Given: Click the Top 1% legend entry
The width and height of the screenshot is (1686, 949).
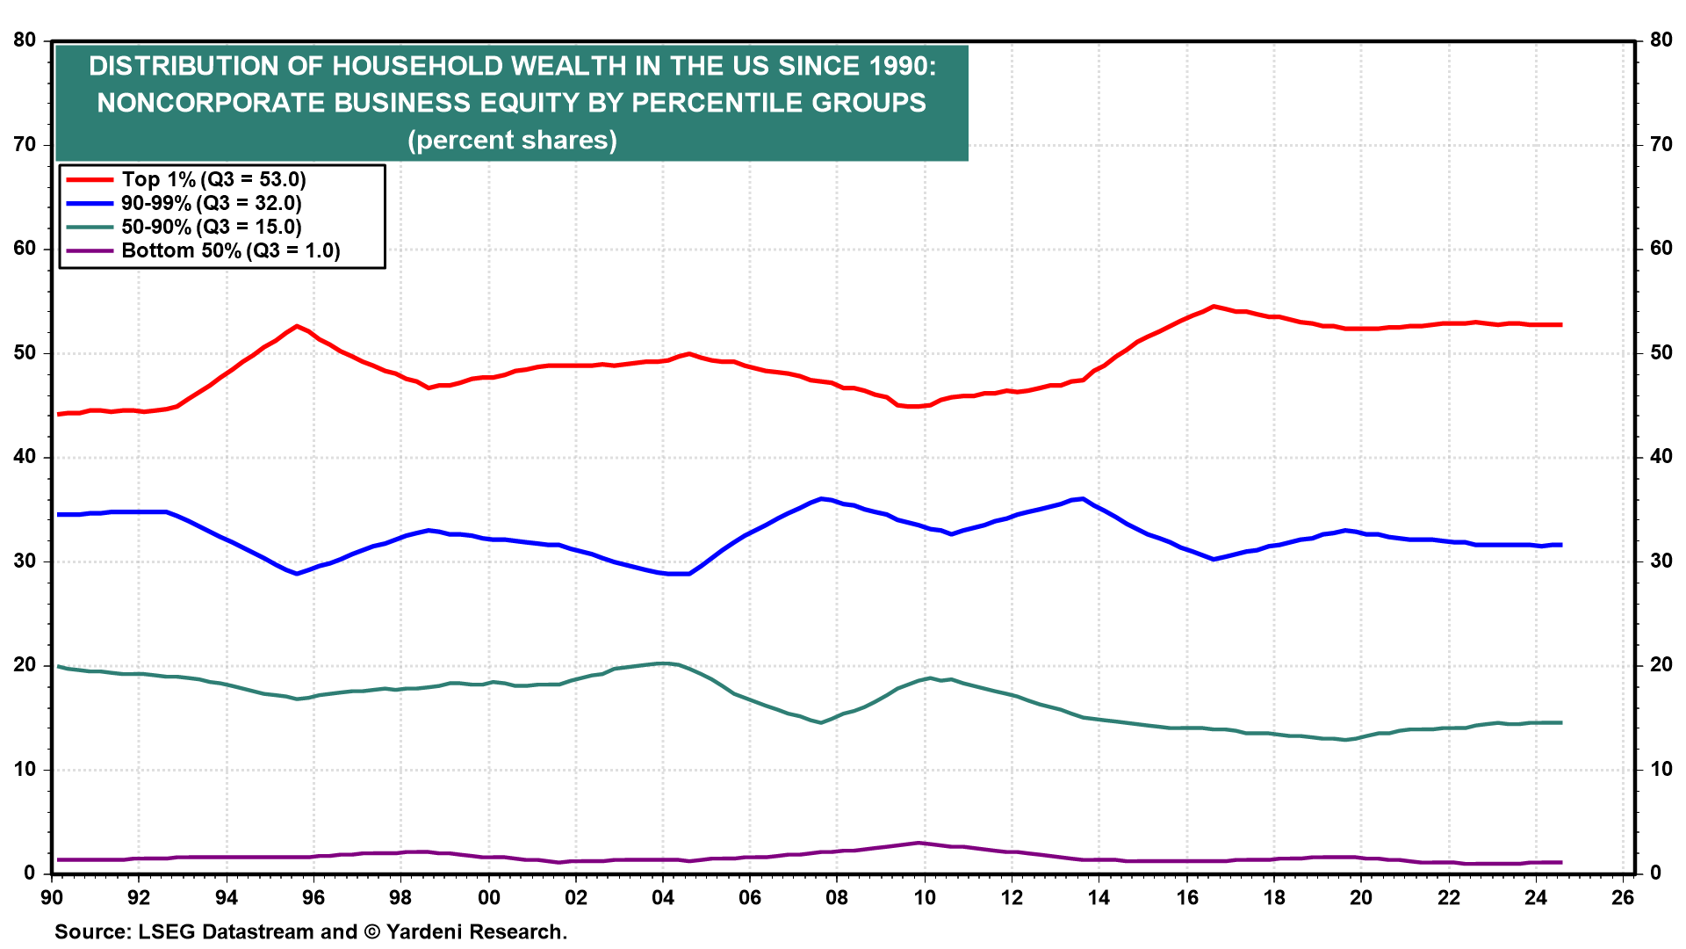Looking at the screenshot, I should tap(213, 180).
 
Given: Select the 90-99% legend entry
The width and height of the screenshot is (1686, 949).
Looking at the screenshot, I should tap(211, 204).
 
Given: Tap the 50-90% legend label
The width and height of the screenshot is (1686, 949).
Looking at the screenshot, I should tap(211, 228).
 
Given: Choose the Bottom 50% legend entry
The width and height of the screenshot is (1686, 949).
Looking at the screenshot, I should tap(230, 251).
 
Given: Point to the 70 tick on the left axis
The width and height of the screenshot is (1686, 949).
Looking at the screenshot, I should tap(25, 145).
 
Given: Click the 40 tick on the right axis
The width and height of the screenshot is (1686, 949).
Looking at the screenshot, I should tap(1661, 457).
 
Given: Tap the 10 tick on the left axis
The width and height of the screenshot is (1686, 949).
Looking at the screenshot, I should tap(25, 770).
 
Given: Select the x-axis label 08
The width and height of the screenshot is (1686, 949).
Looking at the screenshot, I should tap(837, 898).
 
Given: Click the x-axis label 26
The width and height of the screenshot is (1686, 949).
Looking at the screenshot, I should tap(1623, 898).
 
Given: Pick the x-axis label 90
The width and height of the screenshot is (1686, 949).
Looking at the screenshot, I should tap(52, 898).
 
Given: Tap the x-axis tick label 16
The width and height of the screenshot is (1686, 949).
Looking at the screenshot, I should tap(1186, 898).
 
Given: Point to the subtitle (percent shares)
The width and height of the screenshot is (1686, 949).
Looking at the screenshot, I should tap(512, 141).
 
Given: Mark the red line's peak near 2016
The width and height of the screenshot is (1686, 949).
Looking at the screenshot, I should tap(1214, 307).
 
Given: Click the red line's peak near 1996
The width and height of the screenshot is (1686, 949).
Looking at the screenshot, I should tap(297, 326).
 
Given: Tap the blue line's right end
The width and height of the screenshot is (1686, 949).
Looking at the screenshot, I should tap(1560, 545).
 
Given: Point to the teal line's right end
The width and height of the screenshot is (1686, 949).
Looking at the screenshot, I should tap(1560, 722).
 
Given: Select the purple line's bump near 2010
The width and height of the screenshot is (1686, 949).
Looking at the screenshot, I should tap(919, 843).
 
